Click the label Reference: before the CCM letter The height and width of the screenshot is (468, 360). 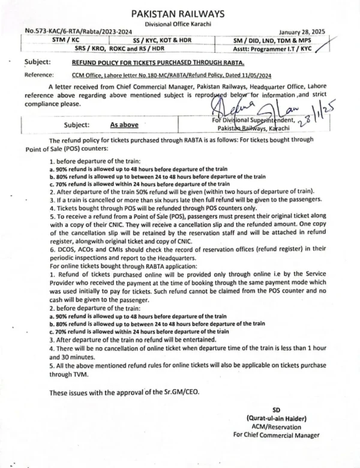coord(44,76)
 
